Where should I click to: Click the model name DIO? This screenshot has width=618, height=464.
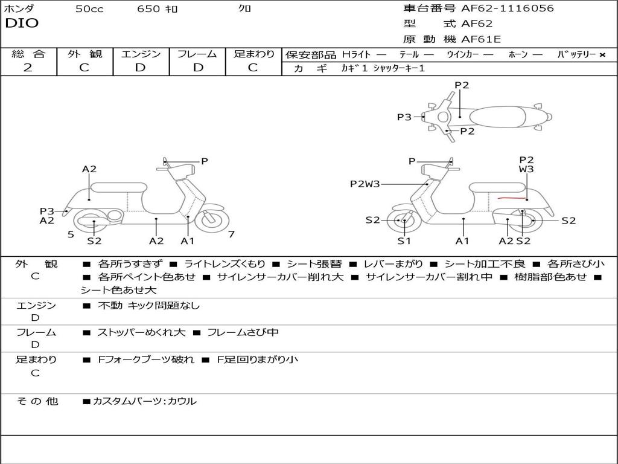(22, 24)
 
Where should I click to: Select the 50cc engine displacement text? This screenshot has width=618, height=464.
(89, 8)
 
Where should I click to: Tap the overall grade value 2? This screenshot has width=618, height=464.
(28, 68)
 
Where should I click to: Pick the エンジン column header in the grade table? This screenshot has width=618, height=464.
(141, 54)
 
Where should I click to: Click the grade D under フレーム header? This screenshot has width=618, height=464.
(198, 68)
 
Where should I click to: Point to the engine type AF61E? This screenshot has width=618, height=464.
(481, 40)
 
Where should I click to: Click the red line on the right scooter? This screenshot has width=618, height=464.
(510, 198)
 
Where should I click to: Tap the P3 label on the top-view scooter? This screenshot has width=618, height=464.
(404, 117)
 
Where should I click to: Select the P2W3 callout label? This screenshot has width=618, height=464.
(365, 184)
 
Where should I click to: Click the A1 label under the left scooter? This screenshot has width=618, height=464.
(188, 241)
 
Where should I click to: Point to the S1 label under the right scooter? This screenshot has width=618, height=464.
(404, 241)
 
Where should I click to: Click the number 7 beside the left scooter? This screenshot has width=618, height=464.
(231, 234)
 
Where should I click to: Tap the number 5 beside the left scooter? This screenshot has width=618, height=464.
(71, 234)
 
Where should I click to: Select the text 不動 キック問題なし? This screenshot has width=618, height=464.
(148, 306)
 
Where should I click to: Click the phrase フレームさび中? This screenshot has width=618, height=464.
(243, 332)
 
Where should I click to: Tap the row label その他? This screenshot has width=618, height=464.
(37, 401)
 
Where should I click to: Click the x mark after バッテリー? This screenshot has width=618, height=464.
(602, 55)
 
